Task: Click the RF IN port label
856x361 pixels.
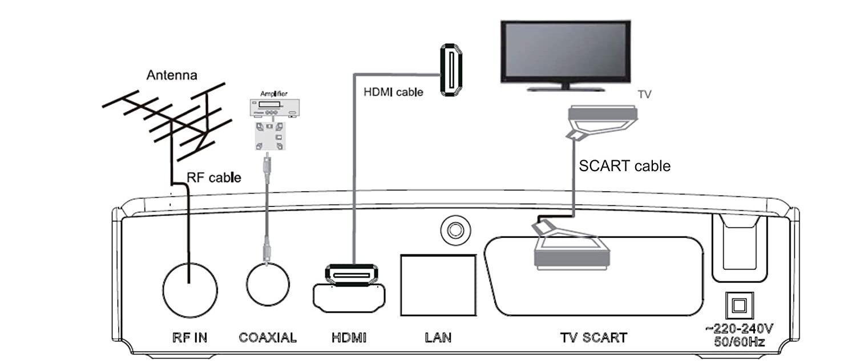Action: [189, 337]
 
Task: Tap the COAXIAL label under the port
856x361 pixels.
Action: [268, 337]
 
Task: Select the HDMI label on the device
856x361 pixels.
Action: [349, 337]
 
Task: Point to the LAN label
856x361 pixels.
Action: [438, 337]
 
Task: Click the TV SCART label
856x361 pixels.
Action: [593, 337]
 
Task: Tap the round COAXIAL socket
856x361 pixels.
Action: [268, 285]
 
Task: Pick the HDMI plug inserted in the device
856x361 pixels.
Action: [350, 275]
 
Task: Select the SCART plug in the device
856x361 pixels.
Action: [571, 251]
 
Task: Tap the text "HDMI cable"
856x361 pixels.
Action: [393, 91]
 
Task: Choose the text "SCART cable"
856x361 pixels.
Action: [624, 166]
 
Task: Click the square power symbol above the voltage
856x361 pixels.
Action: [738, 305]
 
